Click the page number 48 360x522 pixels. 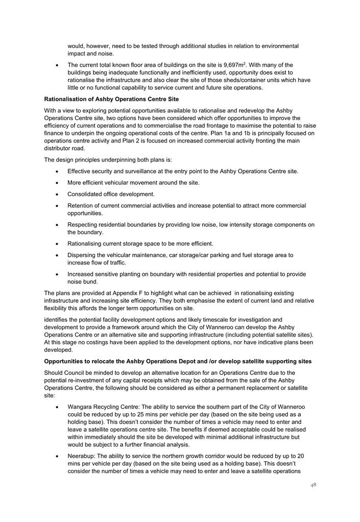(x=313, y=485)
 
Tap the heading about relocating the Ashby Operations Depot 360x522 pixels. (x=178, y=361)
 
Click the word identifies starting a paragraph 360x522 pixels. (x=57, y=320)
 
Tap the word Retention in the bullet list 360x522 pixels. (x=82, y=205)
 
